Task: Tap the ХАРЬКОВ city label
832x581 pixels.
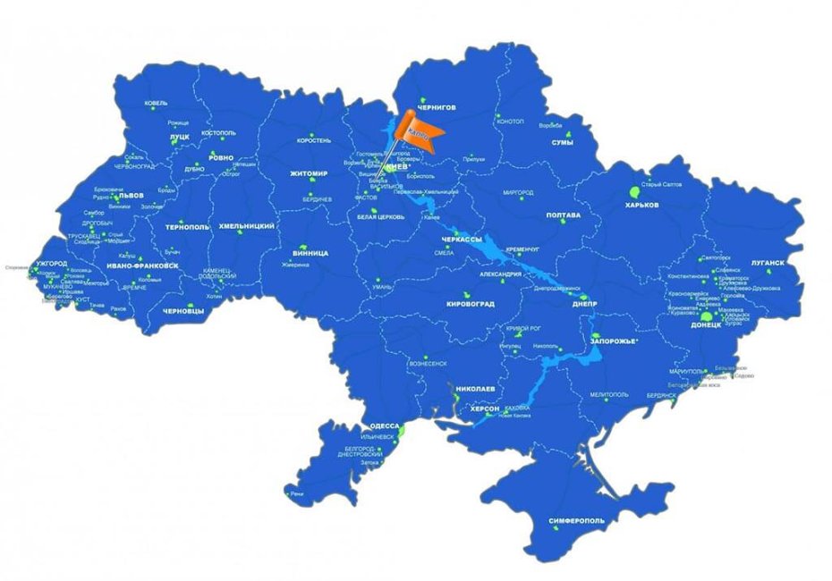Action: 641,205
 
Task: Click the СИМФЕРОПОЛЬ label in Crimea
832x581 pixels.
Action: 575,520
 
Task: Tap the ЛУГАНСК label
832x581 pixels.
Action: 767,263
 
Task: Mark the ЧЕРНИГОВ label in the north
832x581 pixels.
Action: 437,106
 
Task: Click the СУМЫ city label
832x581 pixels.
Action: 562,142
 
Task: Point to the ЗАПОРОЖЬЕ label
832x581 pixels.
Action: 614,341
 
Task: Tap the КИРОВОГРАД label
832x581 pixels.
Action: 470,305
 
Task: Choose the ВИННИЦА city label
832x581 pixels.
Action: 310,253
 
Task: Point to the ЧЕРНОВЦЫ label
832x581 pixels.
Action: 183,311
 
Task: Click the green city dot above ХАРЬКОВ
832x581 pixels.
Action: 634,191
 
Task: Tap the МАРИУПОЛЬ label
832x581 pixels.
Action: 688,371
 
